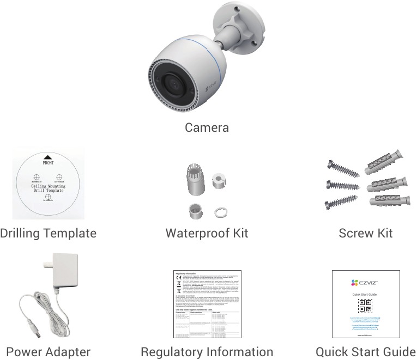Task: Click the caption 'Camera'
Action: (207, 128)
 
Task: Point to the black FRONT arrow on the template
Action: (47, 157)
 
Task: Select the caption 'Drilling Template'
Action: (48, 234)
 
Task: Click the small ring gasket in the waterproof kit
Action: (220, 211)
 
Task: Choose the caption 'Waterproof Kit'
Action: (207, 234)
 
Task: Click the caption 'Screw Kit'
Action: (365, 234)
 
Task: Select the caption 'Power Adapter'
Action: (48, 352)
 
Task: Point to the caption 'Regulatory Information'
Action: (207, 352)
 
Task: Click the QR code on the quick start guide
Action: (365, 306)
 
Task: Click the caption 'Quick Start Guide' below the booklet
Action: (365, 352)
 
